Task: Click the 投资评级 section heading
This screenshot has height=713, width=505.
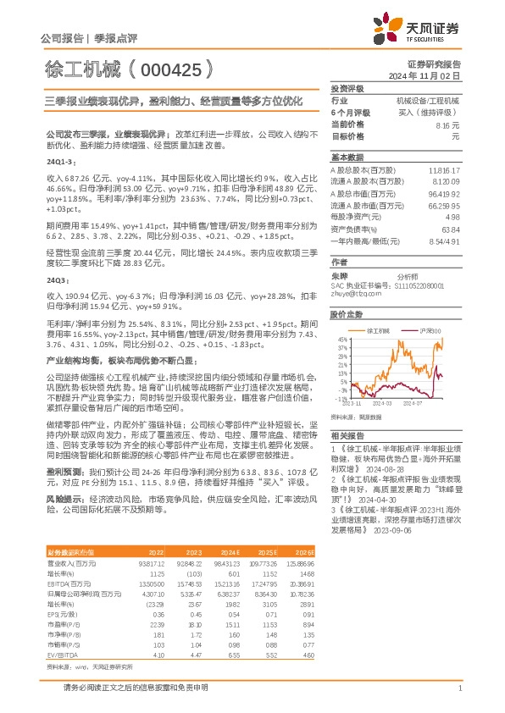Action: [x=347, y=88]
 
